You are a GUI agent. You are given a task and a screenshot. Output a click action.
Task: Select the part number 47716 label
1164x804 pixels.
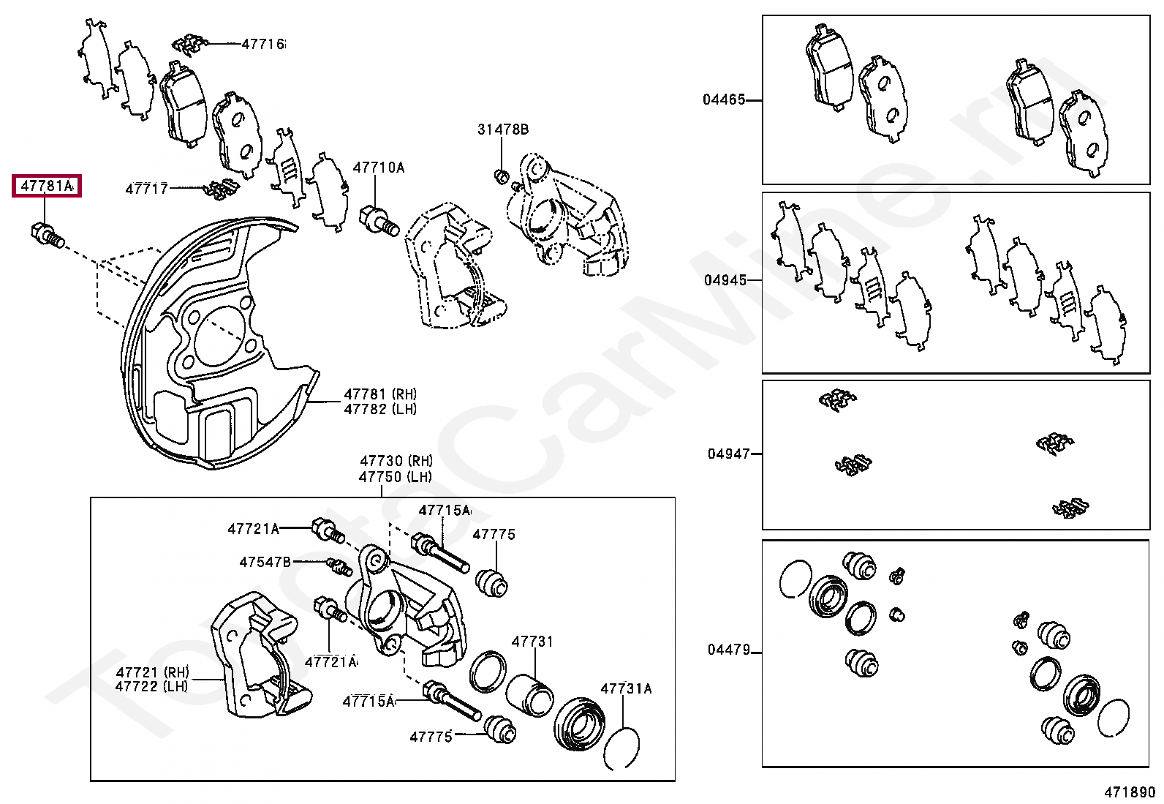[x=263, y=45]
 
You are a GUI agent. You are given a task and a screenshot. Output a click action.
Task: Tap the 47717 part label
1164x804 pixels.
[x=146, y=189]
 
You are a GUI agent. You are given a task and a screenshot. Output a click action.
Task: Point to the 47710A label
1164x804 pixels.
[x=378, y=168]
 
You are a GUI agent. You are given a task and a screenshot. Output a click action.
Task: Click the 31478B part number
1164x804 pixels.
[x=503, y=129]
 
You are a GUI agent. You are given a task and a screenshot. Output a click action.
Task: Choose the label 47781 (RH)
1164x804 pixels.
[x=380, y=394]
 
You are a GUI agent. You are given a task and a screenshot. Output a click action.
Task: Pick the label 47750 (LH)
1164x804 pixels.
[x=396, y=477]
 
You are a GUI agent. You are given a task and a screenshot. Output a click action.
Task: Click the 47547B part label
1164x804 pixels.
[x=265, y=562]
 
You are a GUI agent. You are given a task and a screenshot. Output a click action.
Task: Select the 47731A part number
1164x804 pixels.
[x=626, y=688]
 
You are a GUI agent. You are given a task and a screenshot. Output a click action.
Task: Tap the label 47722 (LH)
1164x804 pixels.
[x=151, y=686]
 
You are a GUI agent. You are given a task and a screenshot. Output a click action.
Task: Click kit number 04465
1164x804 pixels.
[x=725, y=99]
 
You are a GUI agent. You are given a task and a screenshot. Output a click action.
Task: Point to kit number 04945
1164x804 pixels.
[x=725, y=280]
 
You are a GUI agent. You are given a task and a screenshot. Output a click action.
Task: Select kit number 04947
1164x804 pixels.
[x=728, y=454]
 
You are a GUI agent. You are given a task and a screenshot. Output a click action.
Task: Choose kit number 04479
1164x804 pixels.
[x=728, y=650]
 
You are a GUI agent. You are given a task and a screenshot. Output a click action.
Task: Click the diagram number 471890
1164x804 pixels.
[x=1130, y=792]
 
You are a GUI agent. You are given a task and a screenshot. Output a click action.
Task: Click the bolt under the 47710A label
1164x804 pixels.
[x=377, y=219]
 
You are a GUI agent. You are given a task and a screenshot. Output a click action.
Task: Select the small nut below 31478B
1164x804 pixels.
[x=502, y=176]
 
